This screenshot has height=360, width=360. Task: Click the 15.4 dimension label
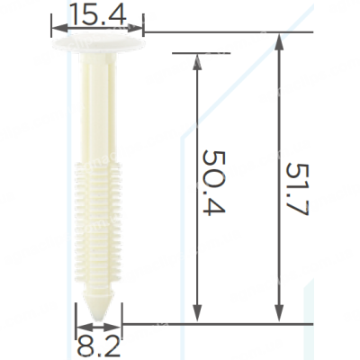tap(97, 14)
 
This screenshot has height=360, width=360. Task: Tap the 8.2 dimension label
tap(98, 346)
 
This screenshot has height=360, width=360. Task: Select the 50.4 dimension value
tap(214, 182)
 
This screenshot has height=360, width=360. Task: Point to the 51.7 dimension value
tap(297, 189)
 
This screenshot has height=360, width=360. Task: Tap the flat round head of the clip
tap(98, 43)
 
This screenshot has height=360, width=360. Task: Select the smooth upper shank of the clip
tap(98, 108)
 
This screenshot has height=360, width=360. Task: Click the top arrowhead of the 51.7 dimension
tap(279, 42)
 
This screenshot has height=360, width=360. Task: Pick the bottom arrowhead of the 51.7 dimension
tap(279, 312)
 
